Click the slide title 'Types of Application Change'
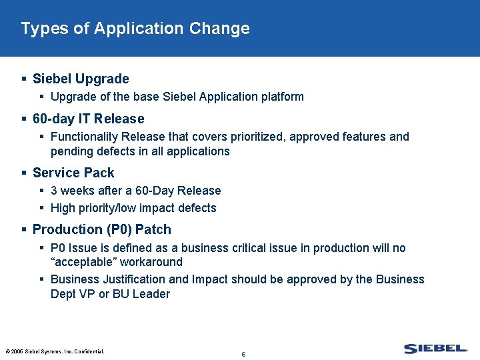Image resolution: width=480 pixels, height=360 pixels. (135, 29)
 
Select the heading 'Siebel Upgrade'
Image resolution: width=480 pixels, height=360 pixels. (81, 79)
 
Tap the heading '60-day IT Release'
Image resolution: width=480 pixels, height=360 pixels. (88, 119)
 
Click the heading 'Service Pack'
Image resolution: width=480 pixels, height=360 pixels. (73, 173)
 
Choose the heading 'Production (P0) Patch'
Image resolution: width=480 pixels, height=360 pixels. (101, 229)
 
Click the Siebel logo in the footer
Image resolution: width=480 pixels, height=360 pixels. (435, 349)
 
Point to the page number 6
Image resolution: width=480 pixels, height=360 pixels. (243, 354)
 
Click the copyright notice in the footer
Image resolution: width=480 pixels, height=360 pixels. (55, 351)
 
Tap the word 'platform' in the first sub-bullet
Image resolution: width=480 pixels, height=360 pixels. (281, 97)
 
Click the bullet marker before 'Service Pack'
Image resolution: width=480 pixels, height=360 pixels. (25, 173)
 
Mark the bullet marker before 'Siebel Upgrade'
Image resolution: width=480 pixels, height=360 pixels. (25, 79)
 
